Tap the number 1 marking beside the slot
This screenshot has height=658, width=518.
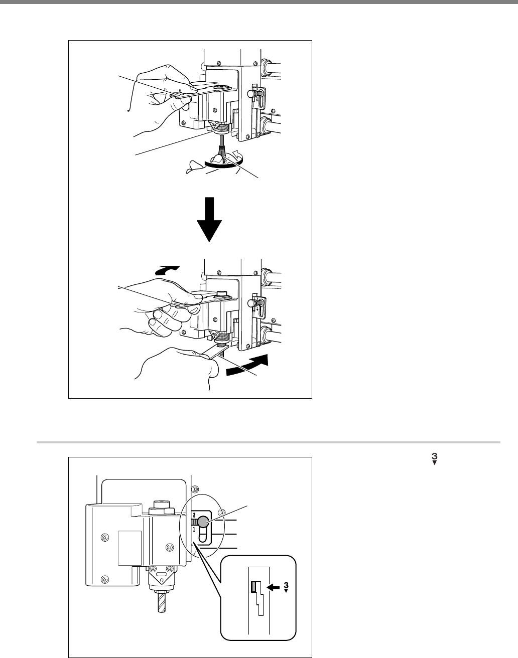[194, 530]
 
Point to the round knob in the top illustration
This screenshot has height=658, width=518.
[251, 94]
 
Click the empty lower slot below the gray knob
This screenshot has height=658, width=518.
[203, 537]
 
